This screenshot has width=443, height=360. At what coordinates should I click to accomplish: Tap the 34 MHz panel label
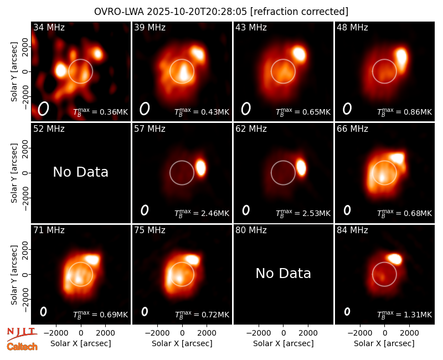(49, 27)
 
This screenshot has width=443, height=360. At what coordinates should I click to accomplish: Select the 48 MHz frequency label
(352, 27)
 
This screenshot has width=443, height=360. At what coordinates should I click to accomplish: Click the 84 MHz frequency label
(352, 230)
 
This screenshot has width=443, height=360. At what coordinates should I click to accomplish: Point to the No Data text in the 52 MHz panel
(80, 172)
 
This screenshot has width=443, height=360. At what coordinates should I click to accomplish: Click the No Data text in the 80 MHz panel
(283, 273)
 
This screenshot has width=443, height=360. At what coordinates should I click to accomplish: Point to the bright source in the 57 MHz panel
(201, 167)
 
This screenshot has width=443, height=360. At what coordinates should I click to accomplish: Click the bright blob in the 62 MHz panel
(301, 167)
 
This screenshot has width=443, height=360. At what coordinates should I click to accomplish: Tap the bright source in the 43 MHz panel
(299, 53)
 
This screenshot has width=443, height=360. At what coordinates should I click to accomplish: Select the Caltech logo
(22, 347)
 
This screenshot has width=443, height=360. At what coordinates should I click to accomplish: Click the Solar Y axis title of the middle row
(14, 173)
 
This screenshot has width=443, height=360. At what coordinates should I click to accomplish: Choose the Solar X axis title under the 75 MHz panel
(182, 343)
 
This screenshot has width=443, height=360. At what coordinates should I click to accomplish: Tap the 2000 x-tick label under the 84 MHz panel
(409, 333)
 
